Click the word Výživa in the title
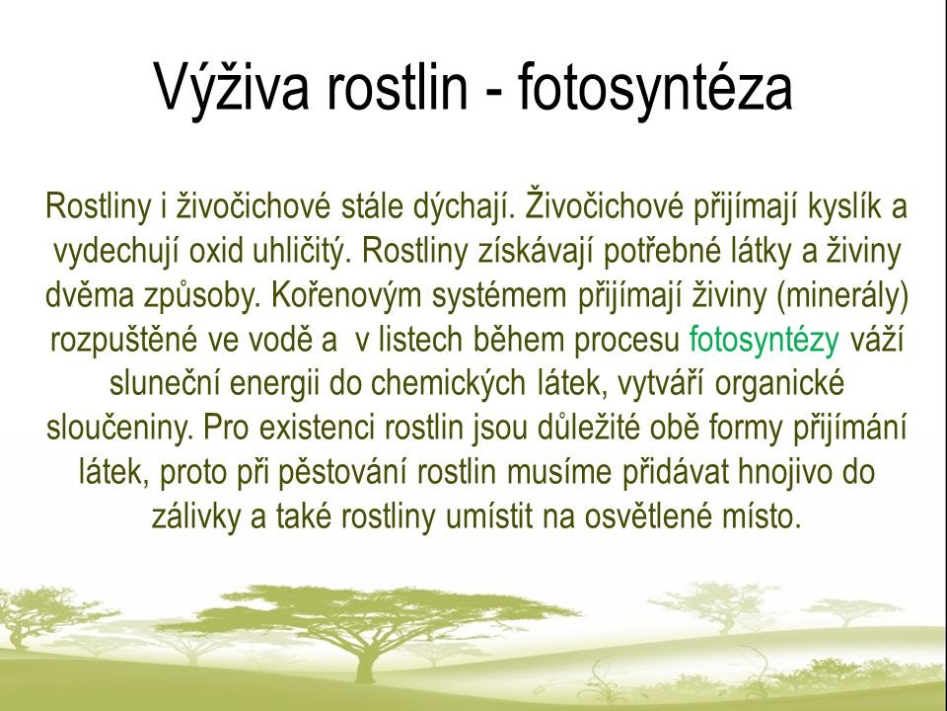click(232, 87)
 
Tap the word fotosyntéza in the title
click(655, 87)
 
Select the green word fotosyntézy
click(764, 341)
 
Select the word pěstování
click(340, 473)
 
